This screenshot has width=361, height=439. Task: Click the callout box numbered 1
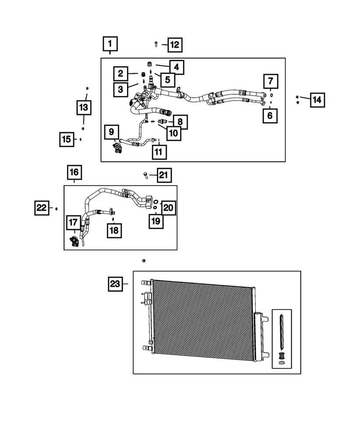point(110,44)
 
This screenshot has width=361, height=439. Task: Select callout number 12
point(174,44)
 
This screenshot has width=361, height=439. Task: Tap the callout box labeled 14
point(317,100)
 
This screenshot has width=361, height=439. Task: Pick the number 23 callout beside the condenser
point(115,284)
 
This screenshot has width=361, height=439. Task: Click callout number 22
point(42,208)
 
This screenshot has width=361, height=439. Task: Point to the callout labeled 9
point(111,131)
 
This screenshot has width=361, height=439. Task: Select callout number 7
point(270,81)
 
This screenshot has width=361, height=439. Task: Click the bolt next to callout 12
point(156,43)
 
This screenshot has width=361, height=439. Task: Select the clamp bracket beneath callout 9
point(117,147)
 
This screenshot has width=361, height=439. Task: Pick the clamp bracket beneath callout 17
point(74,241)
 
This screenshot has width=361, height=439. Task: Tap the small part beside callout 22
point(57,208)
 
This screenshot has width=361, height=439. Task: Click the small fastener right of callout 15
point(81,139)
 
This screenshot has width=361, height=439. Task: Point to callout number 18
point(113,230)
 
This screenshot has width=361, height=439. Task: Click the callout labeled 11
point(159,152)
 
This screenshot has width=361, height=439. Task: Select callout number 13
point(84,107)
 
